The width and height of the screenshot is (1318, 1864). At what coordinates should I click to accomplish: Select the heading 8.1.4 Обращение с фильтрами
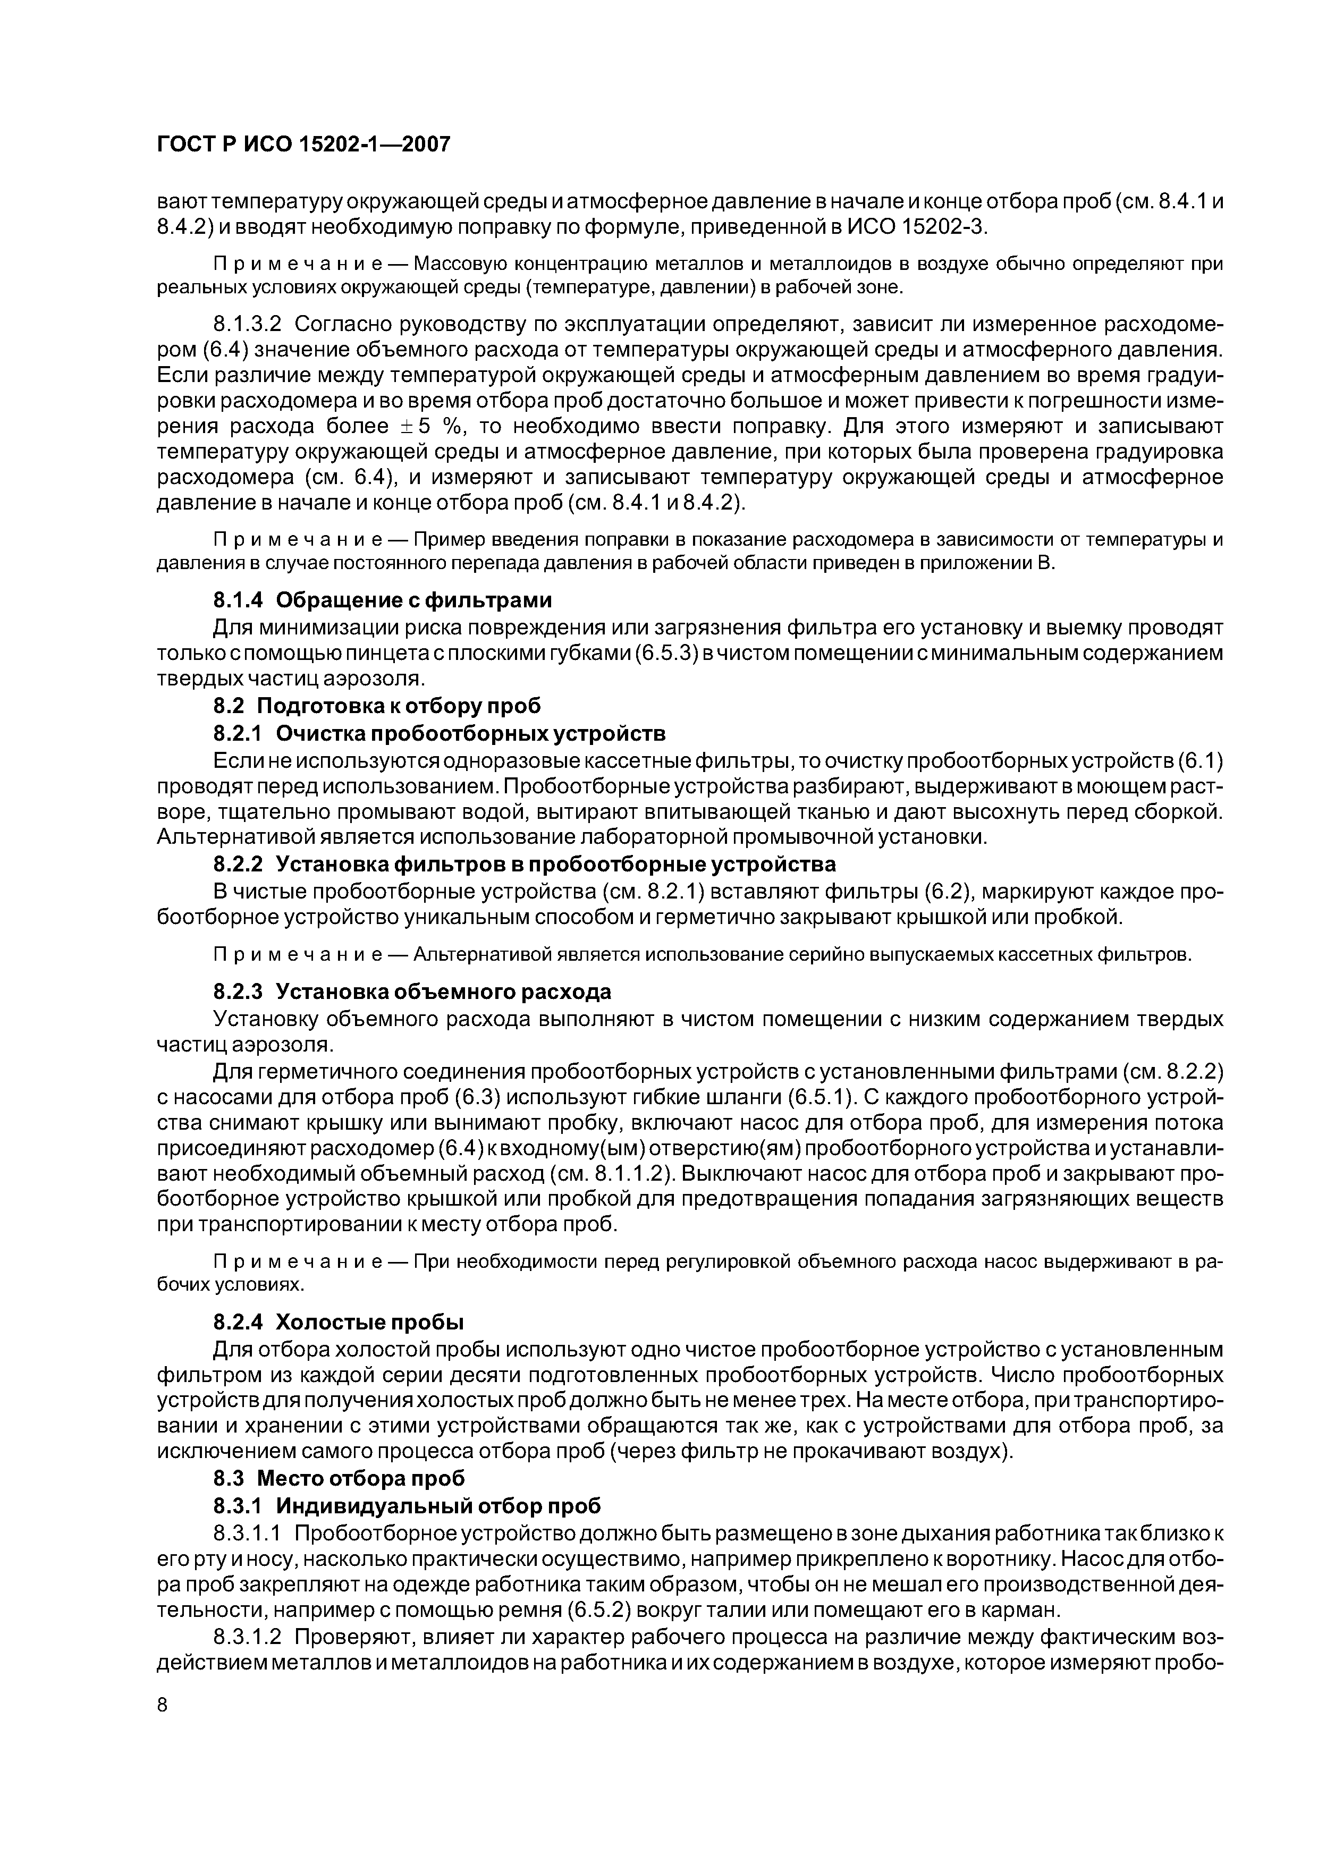point(382,600)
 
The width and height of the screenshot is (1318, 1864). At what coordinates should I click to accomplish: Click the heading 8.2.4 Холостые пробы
point(338,1321)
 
